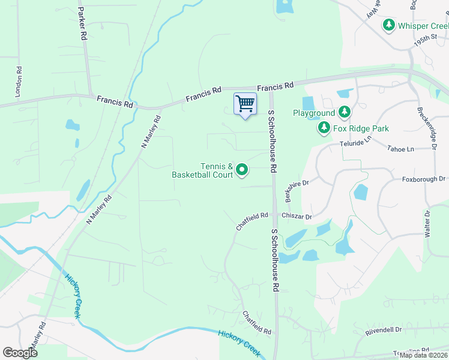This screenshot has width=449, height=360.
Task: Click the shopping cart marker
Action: [x=245, y=104]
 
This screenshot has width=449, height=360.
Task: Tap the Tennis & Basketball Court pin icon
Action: [x=242, y=170]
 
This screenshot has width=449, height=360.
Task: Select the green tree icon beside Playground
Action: [x=345, y=112]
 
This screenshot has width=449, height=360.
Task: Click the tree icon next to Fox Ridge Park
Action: [x=324, y=128]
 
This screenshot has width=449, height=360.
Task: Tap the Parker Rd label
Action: [x=82, y=23]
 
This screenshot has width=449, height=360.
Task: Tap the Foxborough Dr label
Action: [x=424, y=179]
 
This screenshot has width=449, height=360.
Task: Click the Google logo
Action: [x=20, y=352]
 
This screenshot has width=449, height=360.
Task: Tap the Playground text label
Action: [x=313, y=113]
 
